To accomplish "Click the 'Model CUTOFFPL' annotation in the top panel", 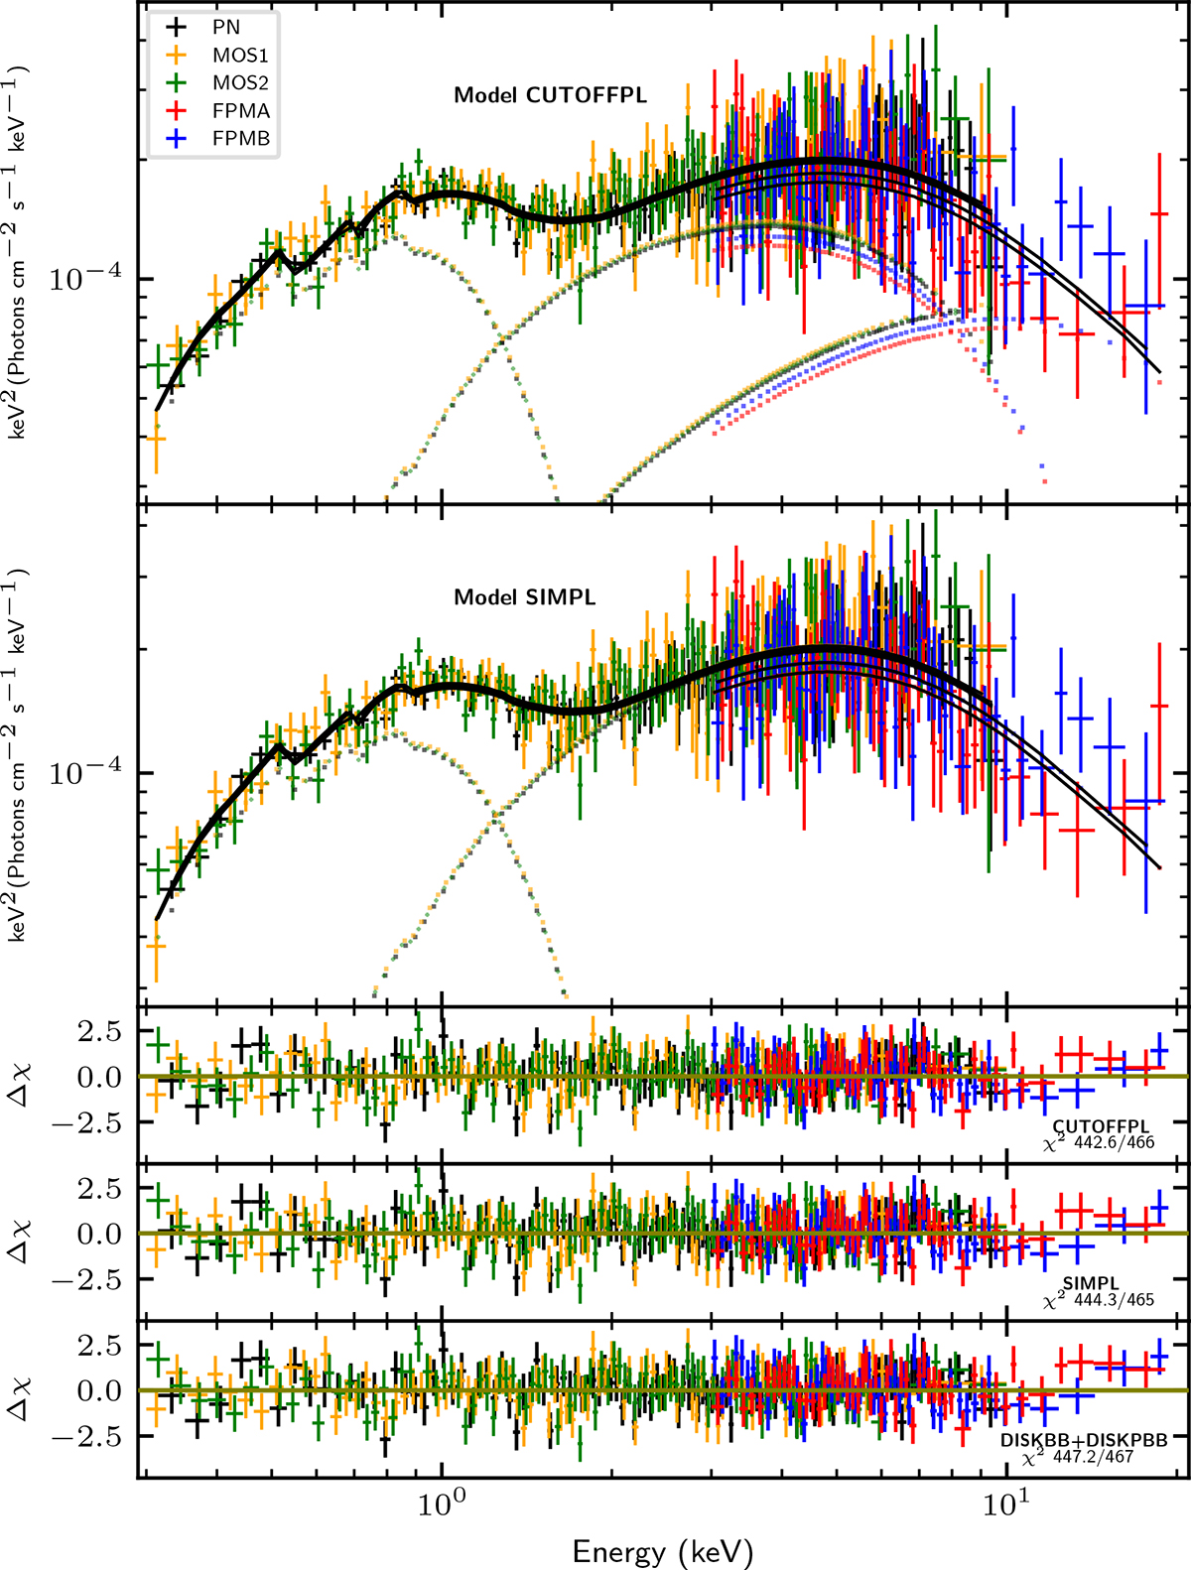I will tap(550, 95).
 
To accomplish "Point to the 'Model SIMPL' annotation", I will tap(525, 597).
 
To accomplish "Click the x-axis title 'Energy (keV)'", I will tap(663, 1551).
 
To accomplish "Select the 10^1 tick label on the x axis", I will tap(1005, 1504).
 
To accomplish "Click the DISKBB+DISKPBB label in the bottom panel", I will tap(1083, 1439).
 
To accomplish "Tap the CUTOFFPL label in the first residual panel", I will tap(1101, 1127).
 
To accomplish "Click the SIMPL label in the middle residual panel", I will tap(1091, 1283).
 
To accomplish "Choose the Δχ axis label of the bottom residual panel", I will tap(22, 1390).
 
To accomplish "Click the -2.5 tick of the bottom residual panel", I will tap(99, 1436).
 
